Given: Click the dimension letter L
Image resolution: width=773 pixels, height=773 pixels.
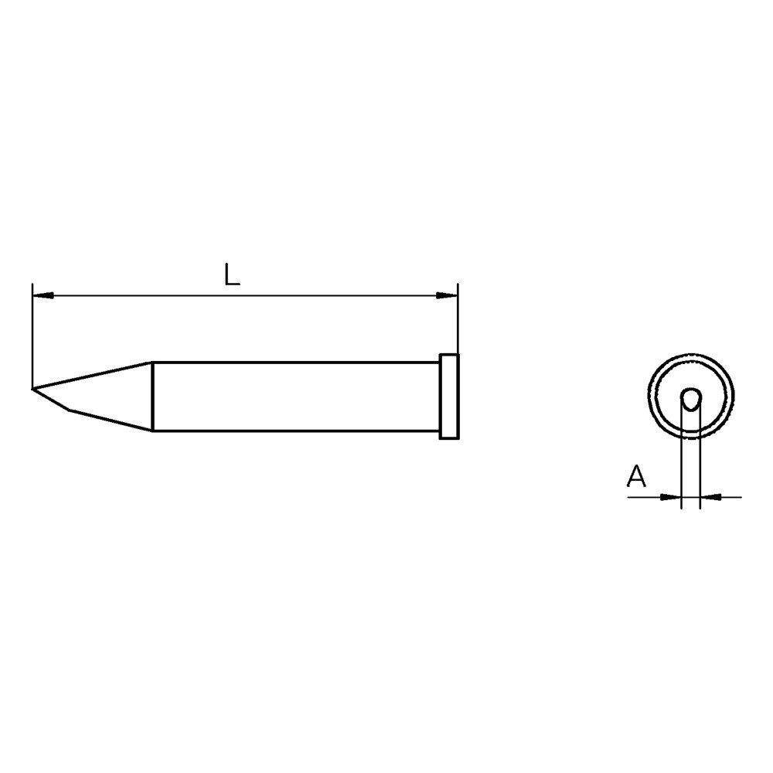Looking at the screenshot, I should [x=231, y=274].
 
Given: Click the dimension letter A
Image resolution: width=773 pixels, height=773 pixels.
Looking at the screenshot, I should [x=636, y=476].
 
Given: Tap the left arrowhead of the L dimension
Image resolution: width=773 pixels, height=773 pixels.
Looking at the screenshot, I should [x=42, y=295].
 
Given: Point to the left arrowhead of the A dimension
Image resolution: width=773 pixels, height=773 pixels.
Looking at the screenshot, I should [x=671, y=497].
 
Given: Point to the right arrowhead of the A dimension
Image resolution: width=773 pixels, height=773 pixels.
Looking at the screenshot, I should [x=709, y=497].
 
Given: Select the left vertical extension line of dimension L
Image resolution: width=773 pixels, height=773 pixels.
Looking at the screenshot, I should [x=32, y=332].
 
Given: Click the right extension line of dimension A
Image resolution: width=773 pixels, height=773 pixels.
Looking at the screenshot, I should [x=700, y=464].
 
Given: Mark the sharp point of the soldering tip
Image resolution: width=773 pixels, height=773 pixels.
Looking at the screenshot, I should [x=33, y=387].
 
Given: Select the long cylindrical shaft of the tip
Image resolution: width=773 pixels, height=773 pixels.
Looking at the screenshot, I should [x=294, y=396].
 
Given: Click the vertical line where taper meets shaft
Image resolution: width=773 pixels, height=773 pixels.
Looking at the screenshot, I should [x=153, y=396].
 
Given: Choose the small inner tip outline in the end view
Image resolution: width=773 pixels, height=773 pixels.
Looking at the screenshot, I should [x=690, y=398].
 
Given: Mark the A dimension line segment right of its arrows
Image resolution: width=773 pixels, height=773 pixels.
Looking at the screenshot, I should [x=730, y=497].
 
